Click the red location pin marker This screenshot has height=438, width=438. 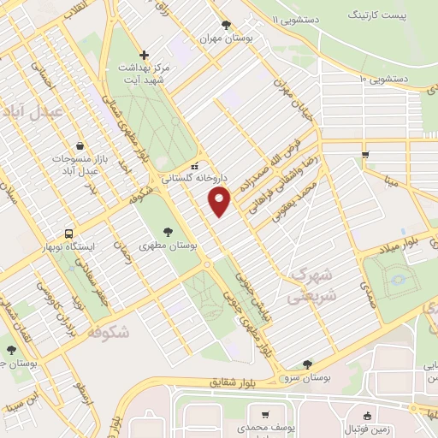[220, 201]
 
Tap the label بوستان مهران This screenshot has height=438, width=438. [226, 39]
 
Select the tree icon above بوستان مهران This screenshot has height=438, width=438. [226, 25]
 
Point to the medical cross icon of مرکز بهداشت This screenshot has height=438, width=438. [145, 54]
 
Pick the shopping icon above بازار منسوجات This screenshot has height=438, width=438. [80, 146]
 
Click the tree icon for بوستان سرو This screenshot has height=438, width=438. [307, 364]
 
